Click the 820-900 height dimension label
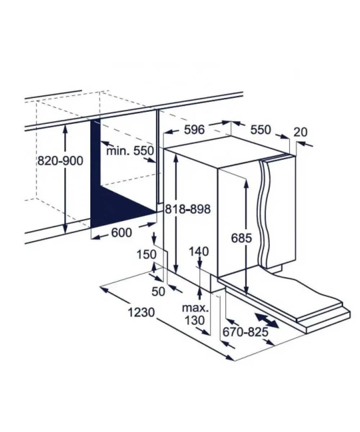coord(60,161)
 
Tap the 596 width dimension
coord(194,130)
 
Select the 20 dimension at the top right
coord(300,132)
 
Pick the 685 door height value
coord(242,238)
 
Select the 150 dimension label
coord(147,255)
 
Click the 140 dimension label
coord(199,252)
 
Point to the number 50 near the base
coord(158,292)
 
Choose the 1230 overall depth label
coord(141,312)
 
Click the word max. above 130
coord(195,308)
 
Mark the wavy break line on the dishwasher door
coord(264,214)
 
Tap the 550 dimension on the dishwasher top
coord(261,130)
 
